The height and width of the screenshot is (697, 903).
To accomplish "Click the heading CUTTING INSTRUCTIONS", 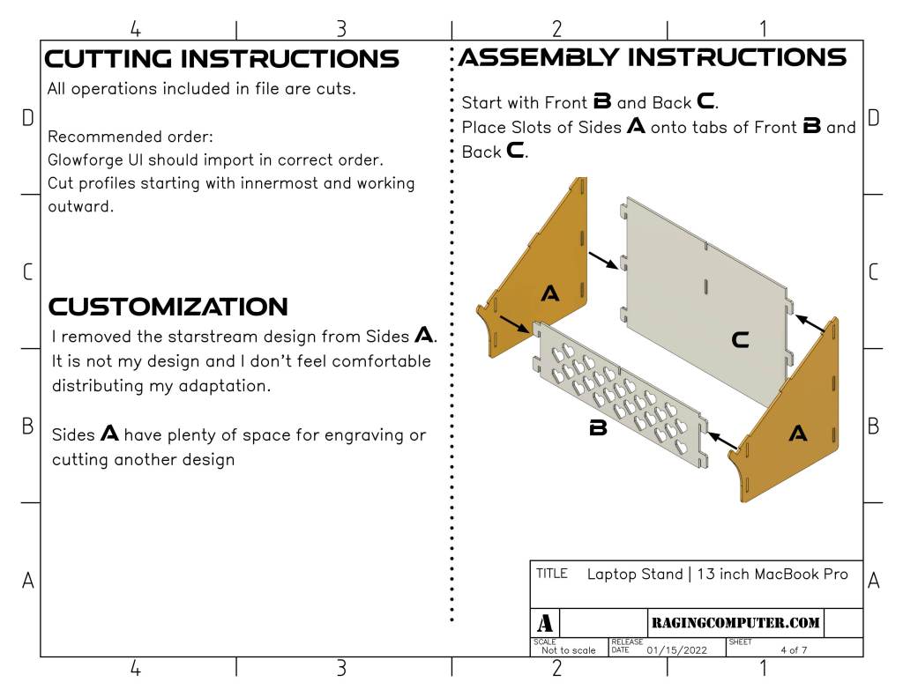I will [221, 59].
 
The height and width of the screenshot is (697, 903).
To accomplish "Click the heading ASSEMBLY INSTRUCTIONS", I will [653, 57].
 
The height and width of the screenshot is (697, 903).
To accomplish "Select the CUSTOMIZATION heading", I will [168, 307].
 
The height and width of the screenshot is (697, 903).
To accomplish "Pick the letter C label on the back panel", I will [741, 339].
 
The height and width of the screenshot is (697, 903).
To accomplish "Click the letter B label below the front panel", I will [598, 429].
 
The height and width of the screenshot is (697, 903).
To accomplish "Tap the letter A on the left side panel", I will [549, 293].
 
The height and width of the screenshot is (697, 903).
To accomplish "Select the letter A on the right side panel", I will [797, 433].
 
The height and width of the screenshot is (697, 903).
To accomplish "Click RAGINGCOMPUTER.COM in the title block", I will [735, 623].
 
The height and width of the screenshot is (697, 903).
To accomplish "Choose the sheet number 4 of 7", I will [794, 650].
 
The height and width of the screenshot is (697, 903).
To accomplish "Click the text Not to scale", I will [568, 650].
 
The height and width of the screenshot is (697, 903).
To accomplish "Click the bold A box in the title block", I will [545, 623].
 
